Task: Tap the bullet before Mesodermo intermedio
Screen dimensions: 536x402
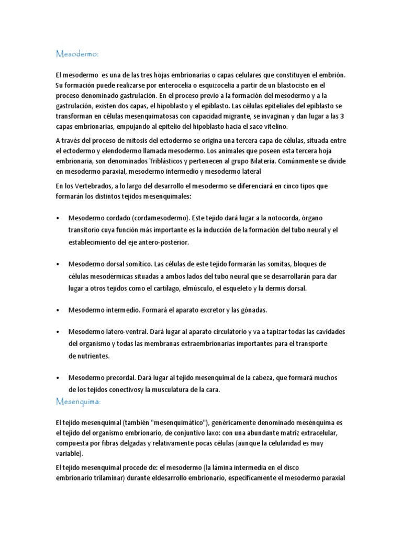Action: click(x=57, y=310)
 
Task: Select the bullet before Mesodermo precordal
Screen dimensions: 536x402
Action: click(x=57, y=377)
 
